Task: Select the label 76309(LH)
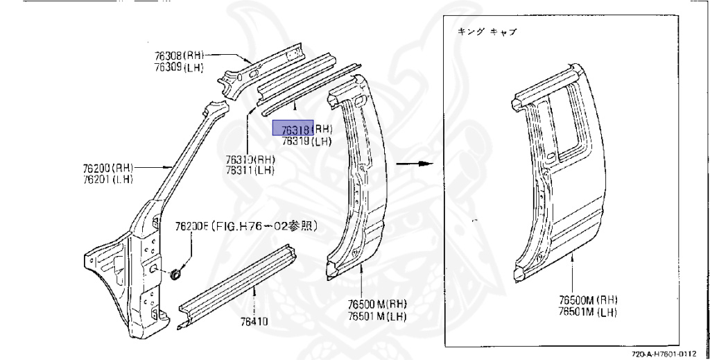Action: click(x=178, y=67)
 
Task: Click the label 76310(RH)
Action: click(x=250, y=160)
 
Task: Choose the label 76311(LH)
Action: click(x=250, y=170)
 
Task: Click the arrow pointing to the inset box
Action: click(x=414, y=164)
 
